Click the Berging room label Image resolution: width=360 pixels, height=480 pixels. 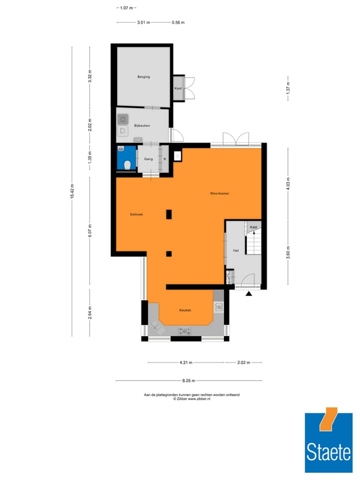144,77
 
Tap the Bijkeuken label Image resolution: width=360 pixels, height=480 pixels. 142,125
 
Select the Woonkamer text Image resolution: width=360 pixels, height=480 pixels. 219,193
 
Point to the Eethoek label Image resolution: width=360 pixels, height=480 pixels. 136,214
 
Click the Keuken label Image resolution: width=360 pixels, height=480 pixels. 185,310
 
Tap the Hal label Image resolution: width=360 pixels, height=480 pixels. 235,250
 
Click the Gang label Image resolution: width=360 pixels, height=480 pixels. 148,159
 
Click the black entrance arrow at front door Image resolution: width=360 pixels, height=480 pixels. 248,293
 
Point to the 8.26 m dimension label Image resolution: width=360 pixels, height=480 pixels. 188,381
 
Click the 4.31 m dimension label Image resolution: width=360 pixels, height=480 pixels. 186,362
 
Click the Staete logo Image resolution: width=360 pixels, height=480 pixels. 328,439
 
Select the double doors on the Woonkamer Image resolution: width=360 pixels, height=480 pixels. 235,139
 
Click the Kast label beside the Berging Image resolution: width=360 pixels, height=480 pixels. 178,88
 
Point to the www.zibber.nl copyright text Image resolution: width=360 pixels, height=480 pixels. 191,399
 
